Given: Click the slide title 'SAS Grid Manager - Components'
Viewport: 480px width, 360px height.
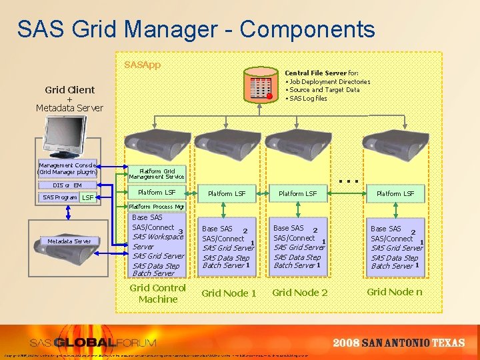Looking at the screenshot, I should pos(196,29).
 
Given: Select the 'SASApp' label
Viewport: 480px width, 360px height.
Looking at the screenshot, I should pos(142,66).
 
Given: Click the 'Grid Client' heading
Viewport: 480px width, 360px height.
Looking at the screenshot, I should pos(70,89).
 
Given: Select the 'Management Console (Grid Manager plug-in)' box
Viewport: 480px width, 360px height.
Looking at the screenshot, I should pos(69,168).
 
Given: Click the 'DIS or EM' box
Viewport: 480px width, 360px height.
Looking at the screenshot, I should pos(68,185).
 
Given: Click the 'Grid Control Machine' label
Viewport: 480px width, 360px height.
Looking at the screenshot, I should pos(158,293).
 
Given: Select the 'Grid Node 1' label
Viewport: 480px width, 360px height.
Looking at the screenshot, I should pos(229,293).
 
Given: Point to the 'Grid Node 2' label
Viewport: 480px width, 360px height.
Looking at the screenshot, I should pos(300,293).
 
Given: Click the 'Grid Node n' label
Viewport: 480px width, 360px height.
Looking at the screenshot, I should pos(395,292).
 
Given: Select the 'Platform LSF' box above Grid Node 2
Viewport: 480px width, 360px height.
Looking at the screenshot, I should pos(297,193).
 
